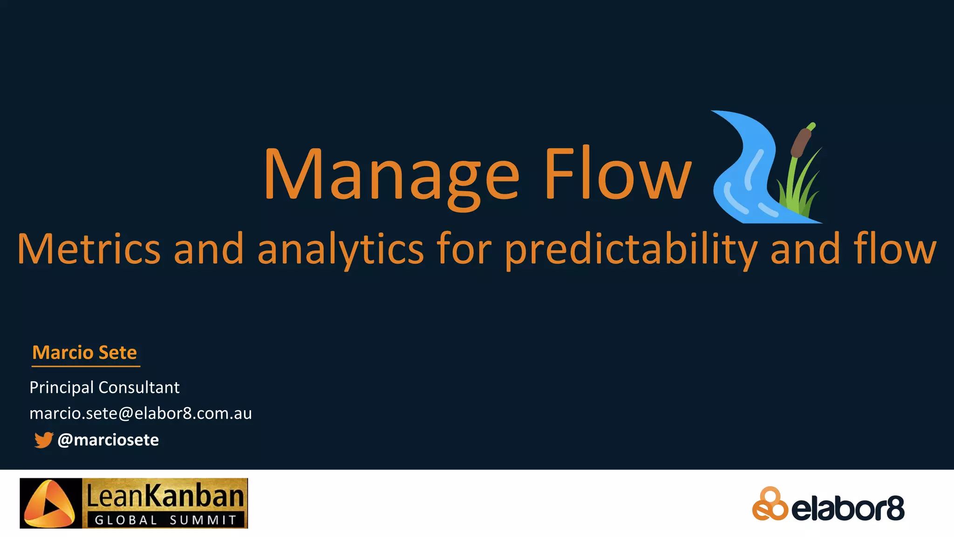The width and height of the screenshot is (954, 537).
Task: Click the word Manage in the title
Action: (391, 175)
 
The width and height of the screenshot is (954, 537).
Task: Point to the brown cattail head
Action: (801, 142)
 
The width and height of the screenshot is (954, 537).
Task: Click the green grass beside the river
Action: (799, 191)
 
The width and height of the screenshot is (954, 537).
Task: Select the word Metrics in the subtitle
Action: (89, 249)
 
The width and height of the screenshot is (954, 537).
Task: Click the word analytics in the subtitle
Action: (340, 249)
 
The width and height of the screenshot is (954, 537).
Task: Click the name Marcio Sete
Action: (84, 352)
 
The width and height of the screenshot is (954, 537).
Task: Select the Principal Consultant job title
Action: (104, 387)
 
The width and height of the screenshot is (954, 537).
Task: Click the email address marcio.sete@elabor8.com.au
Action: (141, 413)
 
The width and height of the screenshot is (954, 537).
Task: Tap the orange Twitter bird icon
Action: (44, 440)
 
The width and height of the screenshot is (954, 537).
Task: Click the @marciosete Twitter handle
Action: (108, 440)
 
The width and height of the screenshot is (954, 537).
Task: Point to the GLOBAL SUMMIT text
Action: (165, 520)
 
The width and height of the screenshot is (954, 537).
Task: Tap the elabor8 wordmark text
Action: (848, 509)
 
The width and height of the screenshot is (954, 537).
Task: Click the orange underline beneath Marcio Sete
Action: (86, 366)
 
